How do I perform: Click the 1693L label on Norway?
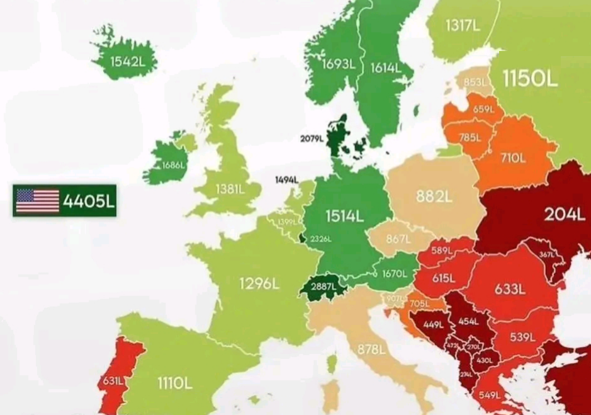click(338, 64)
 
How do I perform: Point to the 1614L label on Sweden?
click(385, 67)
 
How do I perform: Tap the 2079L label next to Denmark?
click(312, 139)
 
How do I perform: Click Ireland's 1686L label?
click(174, 166)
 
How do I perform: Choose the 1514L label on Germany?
click(344, 216)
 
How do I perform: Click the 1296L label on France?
click(259, 283)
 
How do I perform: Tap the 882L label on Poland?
click(434, 196)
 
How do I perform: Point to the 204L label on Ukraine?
click(565, 215)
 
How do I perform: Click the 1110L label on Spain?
click(174, 381)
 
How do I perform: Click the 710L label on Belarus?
click(513, 158)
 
